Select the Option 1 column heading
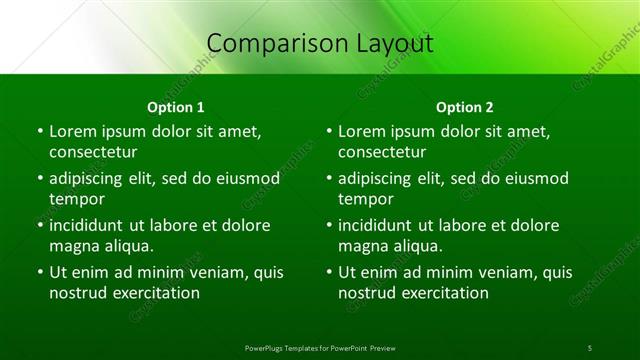176,107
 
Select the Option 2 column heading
465,107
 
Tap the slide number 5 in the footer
590,347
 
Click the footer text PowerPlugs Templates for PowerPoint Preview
320,347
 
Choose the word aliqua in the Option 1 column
129,246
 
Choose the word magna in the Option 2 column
363,246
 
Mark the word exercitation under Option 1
158,293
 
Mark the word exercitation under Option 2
447,293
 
